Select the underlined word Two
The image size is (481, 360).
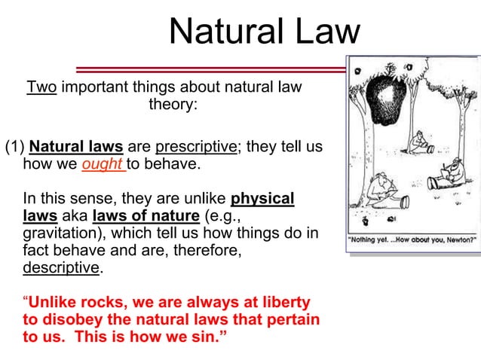pos(41,87)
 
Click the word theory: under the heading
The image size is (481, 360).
pos(173,105)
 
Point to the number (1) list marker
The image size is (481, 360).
pos(14,146)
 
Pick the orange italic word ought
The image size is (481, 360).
pos(103,164)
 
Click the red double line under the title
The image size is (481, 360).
pos(211,69)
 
